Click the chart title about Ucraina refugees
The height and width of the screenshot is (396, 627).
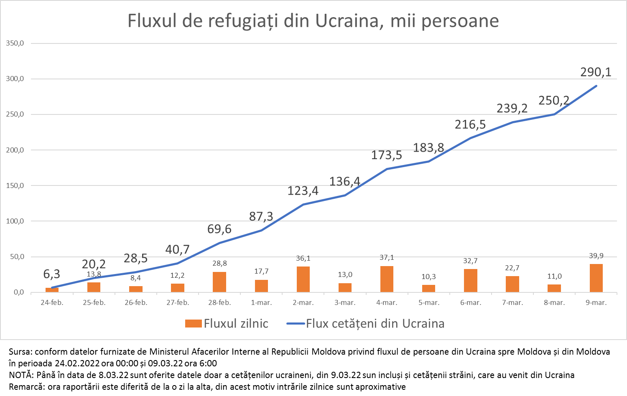(x=313, y=21)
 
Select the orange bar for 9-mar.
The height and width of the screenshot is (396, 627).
(x=596, y=278)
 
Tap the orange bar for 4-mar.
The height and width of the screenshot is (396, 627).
(x=387, y=279)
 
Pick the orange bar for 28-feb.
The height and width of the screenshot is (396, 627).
(x=219, y=282)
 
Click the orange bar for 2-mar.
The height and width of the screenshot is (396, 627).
(x=303, y=279)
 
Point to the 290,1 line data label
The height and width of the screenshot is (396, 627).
(x=596, y=72)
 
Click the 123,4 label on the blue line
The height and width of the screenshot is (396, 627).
(x=303, y=191)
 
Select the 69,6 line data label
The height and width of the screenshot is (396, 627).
(x=219, y=229)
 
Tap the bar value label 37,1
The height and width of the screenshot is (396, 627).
(x=387, y=258)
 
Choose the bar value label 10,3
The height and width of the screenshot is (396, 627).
(x=428, y=277)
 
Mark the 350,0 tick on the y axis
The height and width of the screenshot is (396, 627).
(x=15, y=43)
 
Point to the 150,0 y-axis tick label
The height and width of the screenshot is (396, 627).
(x=15, y=185)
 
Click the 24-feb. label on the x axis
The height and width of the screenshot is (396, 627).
(x=52, y=302)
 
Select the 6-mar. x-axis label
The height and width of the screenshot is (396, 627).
(x=471, y=302)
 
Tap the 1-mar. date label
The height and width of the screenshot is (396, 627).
(x=261, y=302)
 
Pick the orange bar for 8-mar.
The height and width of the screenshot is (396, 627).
(x=554, y=288)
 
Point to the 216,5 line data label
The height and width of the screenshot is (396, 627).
(x=470, y=124)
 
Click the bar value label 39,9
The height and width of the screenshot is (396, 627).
(x=596, y=256)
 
